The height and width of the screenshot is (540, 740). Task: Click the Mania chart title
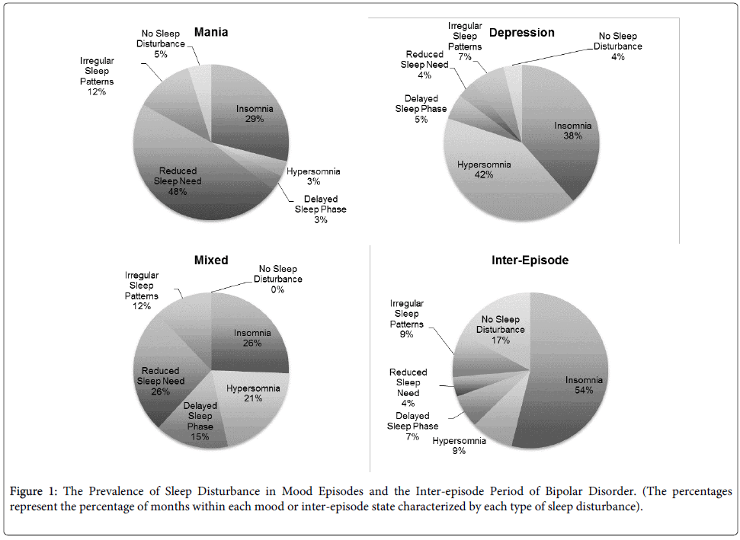[211, 32]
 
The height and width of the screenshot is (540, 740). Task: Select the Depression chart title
[521, 32]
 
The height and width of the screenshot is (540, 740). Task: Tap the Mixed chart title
[211, 260]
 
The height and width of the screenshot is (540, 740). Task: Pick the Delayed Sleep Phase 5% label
[421, 109]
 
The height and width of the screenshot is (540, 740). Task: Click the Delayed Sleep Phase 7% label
[412, 427]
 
